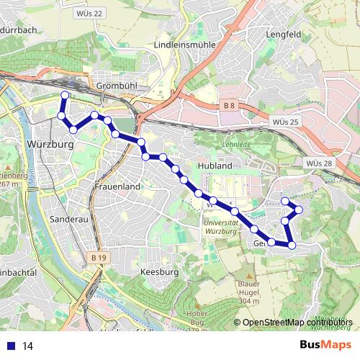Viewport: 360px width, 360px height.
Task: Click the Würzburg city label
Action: tap(50, 144)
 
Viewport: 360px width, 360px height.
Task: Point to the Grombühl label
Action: tap(111, 86)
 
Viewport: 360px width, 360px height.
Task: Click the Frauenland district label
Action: tap(117, 186)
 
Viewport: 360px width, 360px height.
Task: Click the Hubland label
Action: tap(214, 166)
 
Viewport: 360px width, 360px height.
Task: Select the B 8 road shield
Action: tap(229, 106)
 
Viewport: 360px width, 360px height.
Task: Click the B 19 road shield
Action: tap(99, 256)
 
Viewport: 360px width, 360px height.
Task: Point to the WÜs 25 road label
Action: tap(286, 122)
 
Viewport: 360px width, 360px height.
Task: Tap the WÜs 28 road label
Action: tap(319, 164)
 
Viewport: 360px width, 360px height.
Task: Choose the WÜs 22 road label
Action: tap(89, 13)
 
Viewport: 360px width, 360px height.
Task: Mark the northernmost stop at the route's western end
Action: tap(65, 95)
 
